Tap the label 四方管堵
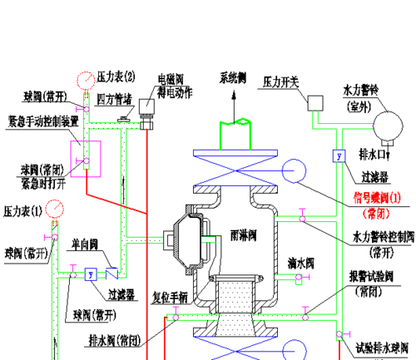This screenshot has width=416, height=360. pos(116,98)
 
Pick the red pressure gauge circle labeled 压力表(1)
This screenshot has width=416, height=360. pos(54,208)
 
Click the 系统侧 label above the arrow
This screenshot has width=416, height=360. pos(234,78)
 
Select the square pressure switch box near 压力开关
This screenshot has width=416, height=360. pos(314,103)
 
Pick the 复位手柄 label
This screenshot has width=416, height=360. pos(170,295)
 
